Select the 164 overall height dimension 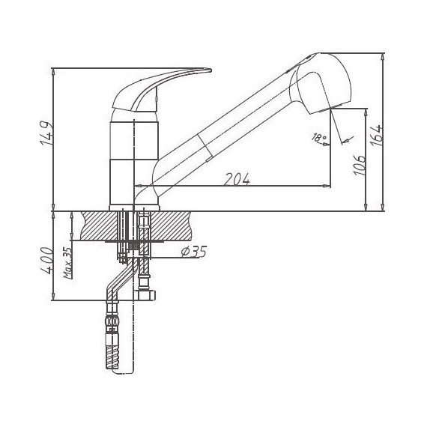377,136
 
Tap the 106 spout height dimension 360,166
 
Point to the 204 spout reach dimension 237,179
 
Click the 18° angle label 318,138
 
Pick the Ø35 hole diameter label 194,252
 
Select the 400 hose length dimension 46,260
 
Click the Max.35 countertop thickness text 68,263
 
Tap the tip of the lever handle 211,70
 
